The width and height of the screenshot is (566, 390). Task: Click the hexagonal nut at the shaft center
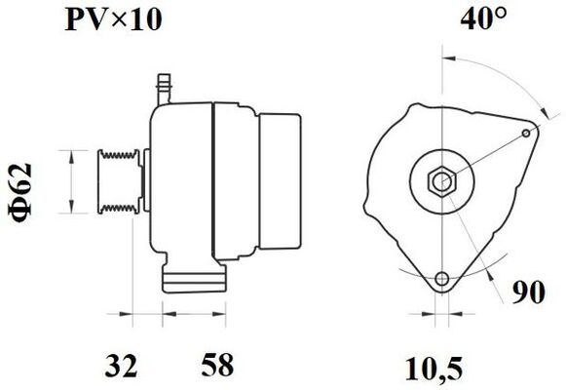(441, 182)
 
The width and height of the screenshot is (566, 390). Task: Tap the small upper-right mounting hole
(525, 132)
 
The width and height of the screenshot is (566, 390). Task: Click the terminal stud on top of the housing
(163, 85)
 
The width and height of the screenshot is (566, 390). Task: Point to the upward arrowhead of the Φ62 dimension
(70, 153)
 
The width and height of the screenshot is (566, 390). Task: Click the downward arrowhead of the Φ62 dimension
(70, 208)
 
